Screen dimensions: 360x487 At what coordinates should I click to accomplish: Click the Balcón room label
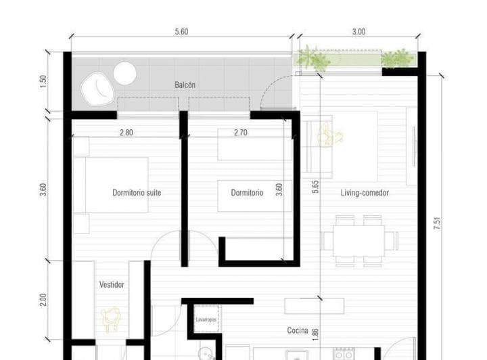click(x=185, y=85)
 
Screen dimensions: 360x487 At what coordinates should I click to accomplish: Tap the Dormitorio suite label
click(x=137, y=193)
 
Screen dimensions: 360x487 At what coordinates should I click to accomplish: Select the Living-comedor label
click(x=365, y=193)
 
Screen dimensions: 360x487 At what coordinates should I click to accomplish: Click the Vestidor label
click(x=112, y=285)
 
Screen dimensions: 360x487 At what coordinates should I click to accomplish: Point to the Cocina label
click(x=298, y=331)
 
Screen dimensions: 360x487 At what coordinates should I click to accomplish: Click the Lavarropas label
click(x=206, y=319)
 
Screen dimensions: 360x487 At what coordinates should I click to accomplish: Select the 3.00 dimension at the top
click(x=358, y=31)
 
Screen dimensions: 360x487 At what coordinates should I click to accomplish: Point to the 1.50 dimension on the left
click(x=44, y=81)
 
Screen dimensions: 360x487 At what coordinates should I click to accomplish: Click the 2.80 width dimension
click(x=126, y=133)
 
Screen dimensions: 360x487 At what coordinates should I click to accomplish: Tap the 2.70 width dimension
click(x=240, y=133)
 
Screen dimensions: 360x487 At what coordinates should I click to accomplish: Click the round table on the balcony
click(x=124, y=73)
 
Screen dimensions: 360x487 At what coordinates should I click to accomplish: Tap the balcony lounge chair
click(x=95, y=88)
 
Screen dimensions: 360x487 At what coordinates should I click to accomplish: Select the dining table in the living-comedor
click(x=358, y=240)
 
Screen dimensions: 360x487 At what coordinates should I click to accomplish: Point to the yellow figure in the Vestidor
click(x=111, y=318)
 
